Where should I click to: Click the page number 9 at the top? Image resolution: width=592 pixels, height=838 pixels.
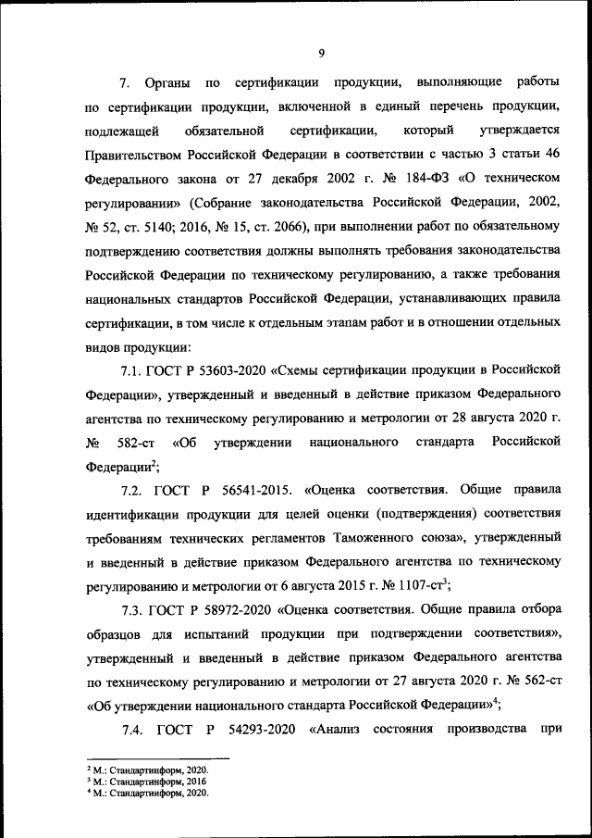321,53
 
